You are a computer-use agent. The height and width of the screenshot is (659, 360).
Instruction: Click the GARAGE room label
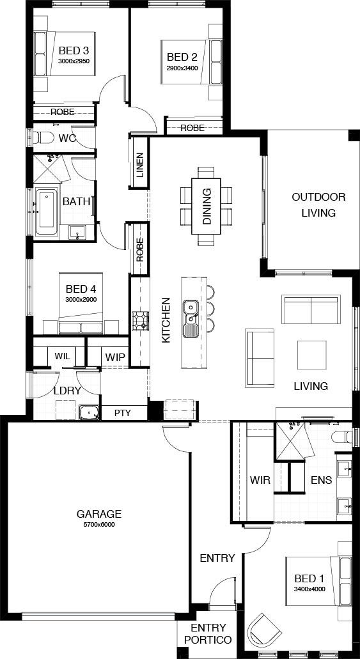[x=99, y=513]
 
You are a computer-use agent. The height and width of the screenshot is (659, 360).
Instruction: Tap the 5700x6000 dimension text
[x=99, y=525]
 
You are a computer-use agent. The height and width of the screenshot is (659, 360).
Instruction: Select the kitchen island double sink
[x=191, y=319]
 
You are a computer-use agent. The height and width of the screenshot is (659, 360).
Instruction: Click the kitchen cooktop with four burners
[x=141, y=320]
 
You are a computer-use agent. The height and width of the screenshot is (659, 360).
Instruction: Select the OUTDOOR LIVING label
[x=319, y=205]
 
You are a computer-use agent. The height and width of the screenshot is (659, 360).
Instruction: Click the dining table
[x=206, y=206]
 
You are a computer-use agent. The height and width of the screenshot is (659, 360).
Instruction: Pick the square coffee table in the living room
[x=311, y=355]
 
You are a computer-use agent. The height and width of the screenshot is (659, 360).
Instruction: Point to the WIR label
[x=260, y=479]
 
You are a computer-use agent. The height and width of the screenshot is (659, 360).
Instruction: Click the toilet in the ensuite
[x=343, y=437]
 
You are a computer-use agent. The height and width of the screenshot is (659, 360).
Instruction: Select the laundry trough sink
[x=89, y=413]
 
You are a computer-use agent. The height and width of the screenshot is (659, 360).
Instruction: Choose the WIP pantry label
[x=115, y=357]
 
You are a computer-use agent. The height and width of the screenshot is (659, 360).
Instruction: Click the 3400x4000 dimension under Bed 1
[x=309, y=589]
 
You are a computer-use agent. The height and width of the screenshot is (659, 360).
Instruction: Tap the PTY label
[x=122, y=413]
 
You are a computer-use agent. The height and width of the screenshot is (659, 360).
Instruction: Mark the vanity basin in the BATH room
[x=77, y=232]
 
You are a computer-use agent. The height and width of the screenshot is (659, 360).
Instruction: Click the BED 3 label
[x=74, y=51]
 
